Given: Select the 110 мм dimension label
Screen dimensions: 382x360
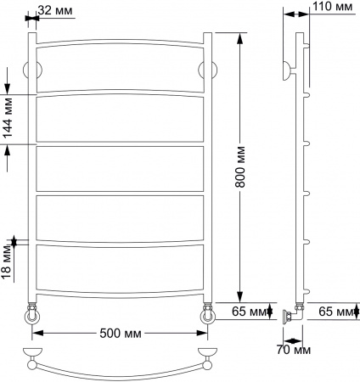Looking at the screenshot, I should [332, 8].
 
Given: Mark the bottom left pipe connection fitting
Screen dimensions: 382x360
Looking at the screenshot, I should [32, 316].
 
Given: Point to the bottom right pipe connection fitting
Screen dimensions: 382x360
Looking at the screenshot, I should [206, 316].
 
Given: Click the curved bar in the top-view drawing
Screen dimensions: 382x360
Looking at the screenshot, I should [120, 371].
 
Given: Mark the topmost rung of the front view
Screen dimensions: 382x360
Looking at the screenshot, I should [119, 42].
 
